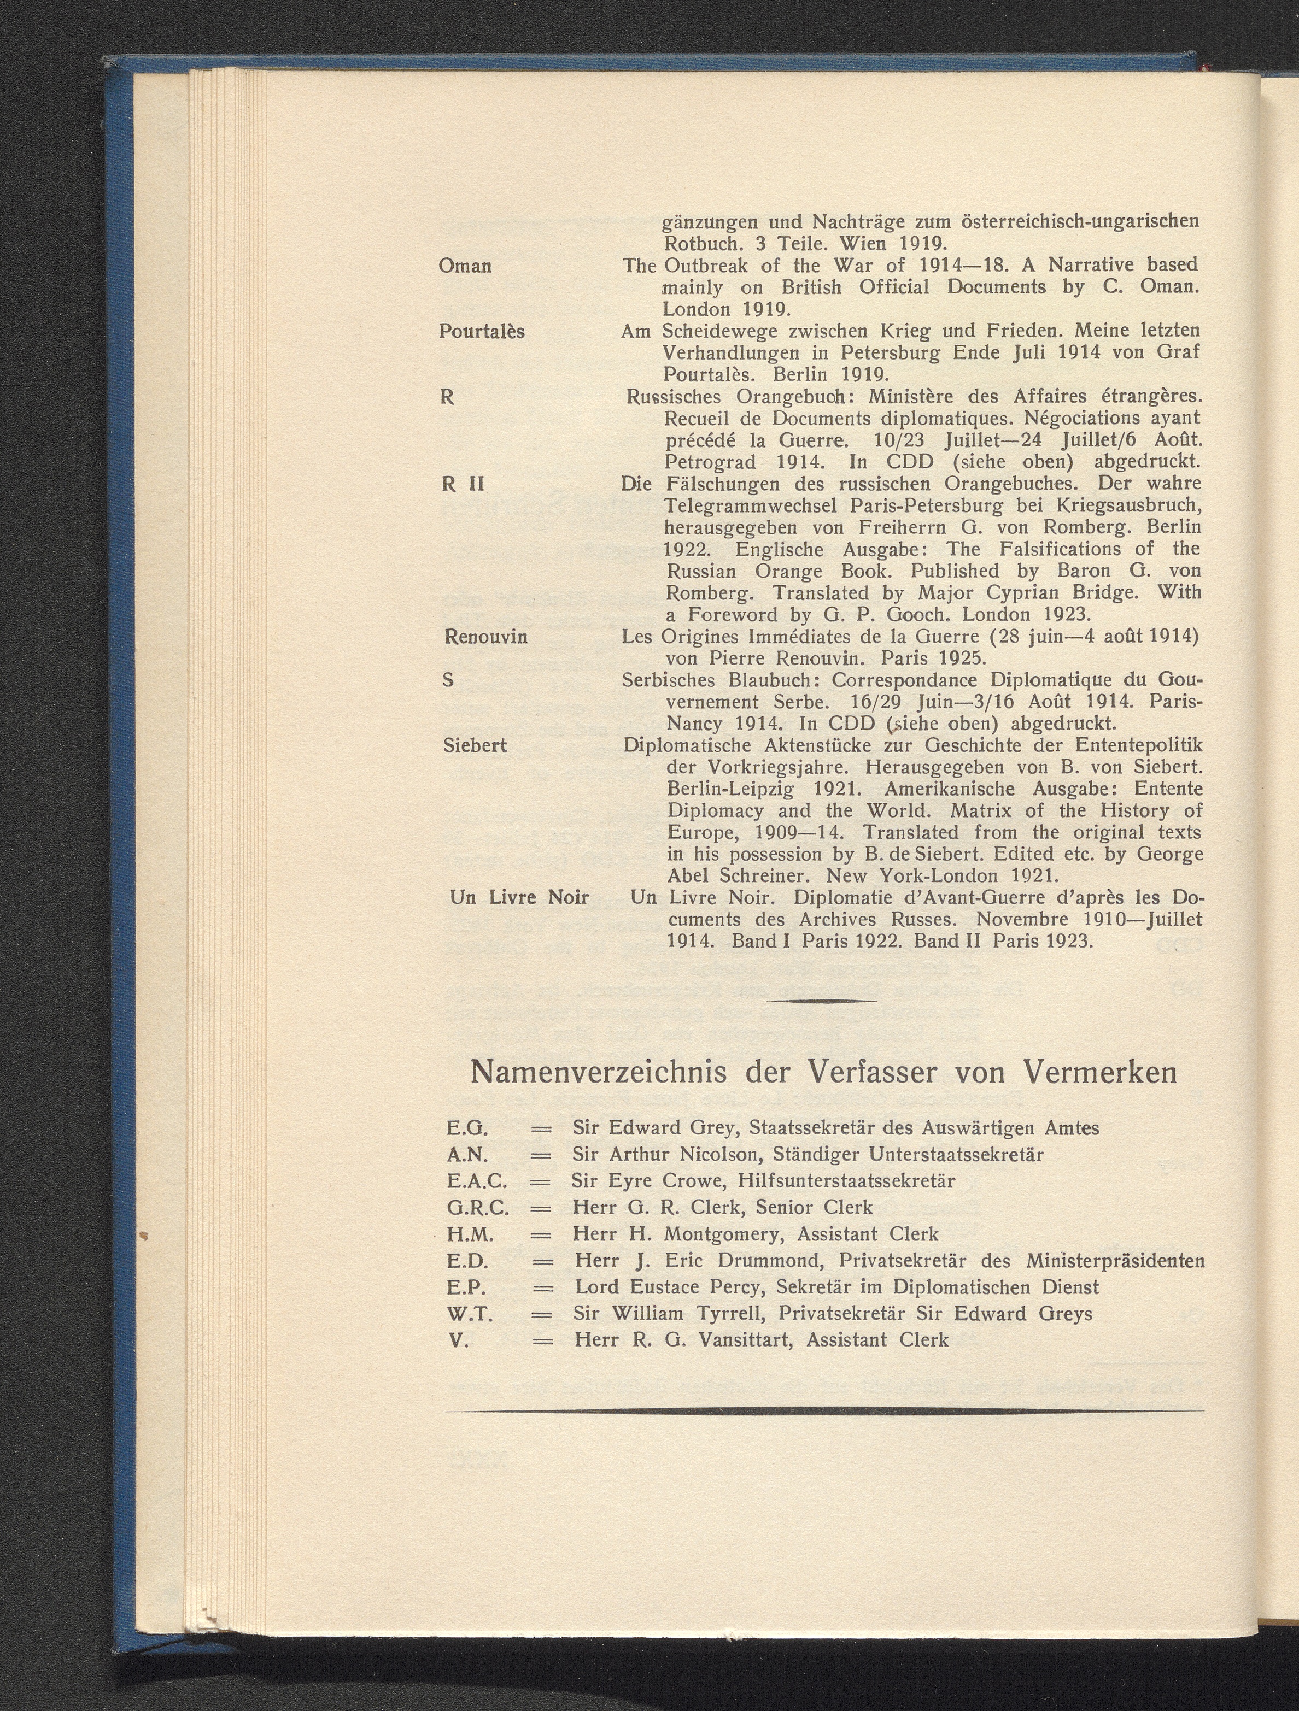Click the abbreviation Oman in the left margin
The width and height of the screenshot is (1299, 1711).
465,266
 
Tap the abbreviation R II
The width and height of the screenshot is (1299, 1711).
463,484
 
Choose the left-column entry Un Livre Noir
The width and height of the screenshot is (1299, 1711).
519,898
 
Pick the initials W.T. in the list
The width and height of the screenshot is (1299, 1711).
470,1314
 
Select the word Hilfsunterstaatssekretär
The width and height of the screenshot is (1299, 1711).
846,1181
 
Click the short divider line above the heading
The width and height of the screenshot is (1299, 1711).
824,1002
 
